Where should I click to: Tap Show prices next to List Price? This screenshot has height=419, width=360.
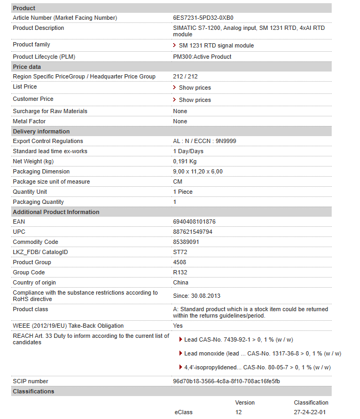[x=194, y=88]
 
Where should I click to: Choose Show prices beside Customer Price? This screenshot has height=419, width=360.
[x=194, y=100]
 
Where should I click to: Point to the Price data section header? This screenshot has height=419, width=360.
[x=27, y=67]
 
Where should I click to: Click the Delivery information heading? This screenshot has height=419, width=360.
[x=41, y=131]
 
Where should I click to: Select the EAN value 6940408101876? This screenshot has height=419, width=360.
[x=194, y=222]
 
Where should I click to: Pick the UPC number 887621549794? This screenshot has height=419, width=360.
[x=192, y=232]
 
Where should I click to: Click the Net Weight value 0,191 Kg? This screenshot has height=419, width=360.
[x=185, y=161]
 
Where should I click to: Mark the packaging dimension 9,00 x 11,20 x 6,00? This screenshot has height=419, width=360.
[x=198, y=171]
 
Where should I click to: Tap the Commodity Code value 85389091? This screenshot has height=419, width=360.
[x=186, y=242]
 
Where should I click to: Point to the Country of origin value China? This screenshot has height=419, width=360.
[x=181, y=282]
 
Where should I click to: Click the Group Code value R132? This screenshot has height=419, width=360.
[x=180, y=272]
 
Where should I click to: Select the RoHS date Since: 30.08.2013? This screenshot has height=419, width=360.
[x=197, y=296]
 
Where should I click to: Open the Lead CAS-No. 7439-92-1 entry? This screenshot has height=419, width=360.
[x=238, y=339]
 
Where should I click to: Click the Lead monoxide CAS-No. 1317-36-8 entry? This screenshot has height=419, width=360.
[x=262, y=353]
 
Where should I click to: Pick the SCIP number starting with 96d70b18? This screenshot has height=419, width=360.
[x=226, y=381]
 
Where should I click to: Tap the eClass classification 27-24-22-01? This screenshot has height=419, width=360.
[x=310, y=412]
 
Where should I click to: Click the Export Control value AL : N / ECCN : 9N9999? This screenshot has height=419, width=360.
[x=205, y=141]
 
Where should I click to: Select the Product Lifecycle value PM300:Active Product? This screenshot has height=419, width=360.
[x=202, y=57]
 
